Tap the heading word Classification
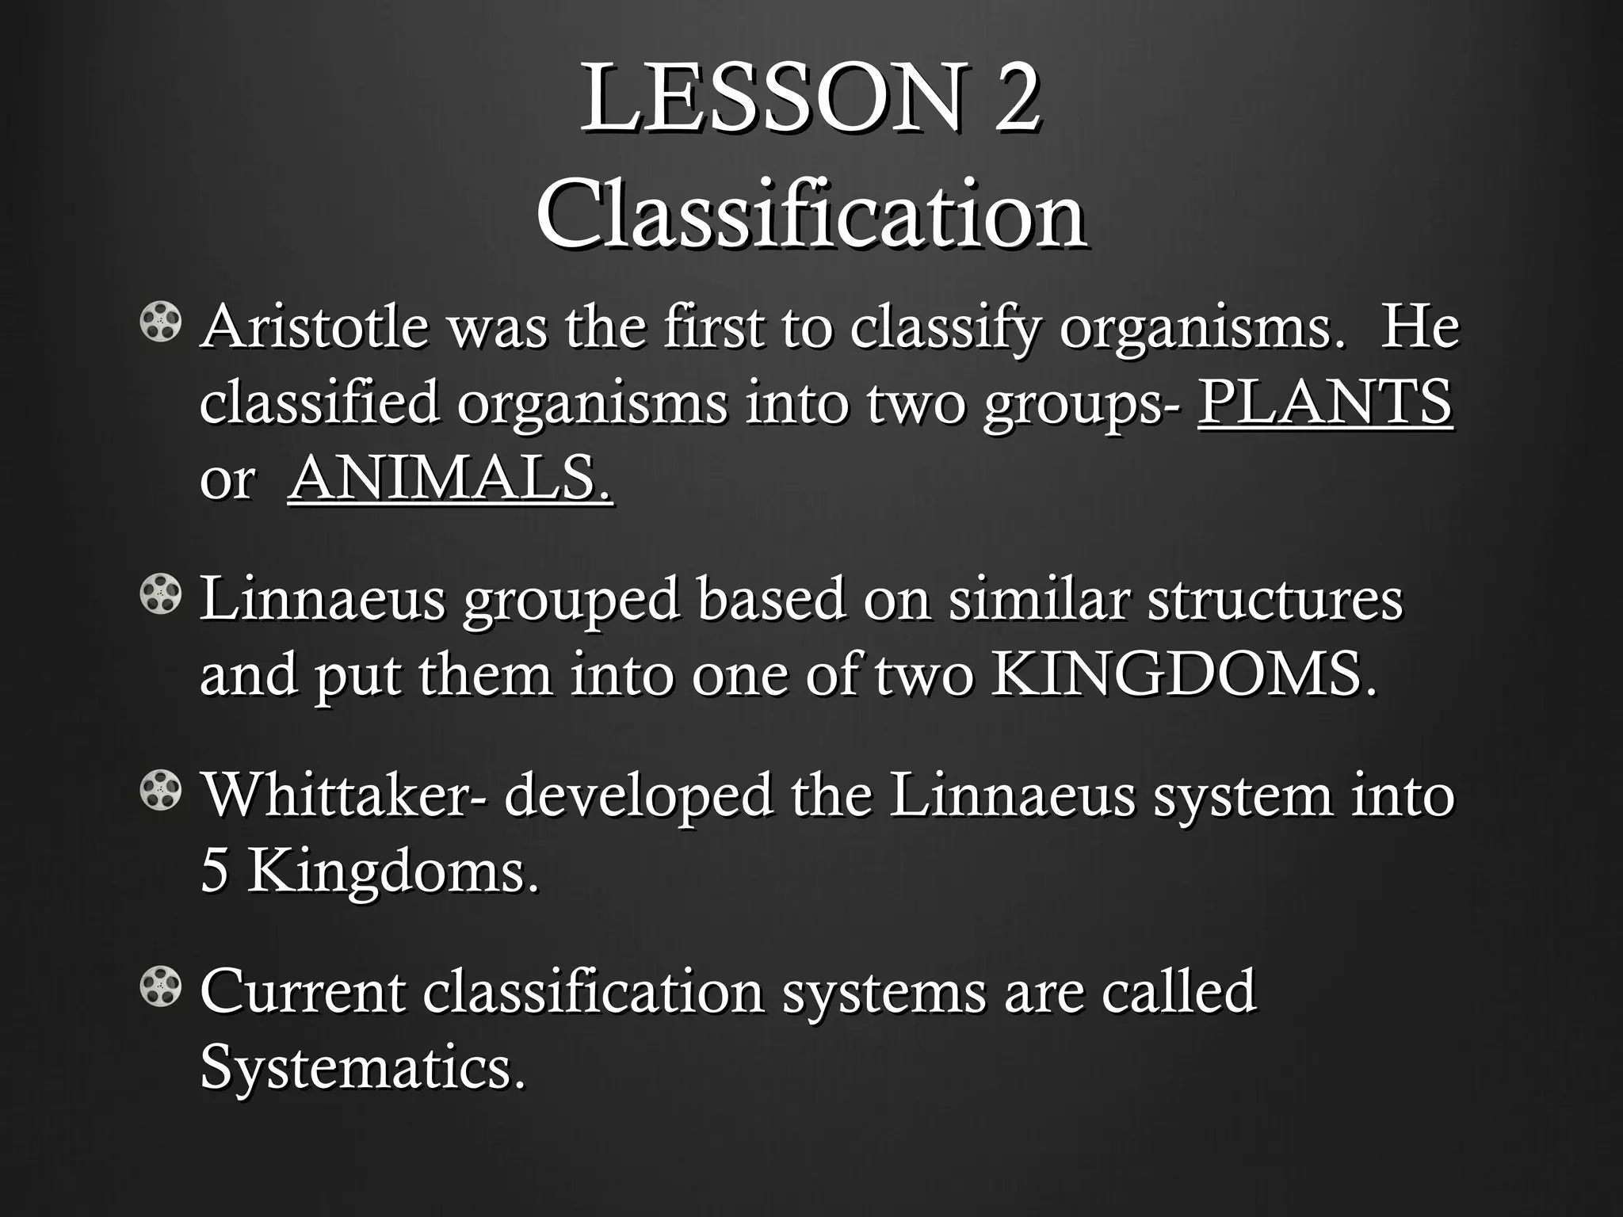coord(811,214)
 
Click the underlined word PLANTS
coord(1324,402)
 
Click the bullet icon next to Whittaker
coord(162,792)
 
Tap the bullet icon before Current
coord(162,988)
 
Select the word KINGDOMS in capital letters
coord(1183,675)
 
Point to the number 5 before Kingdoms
coord(214,872)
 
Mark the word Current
coord(303,991)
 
